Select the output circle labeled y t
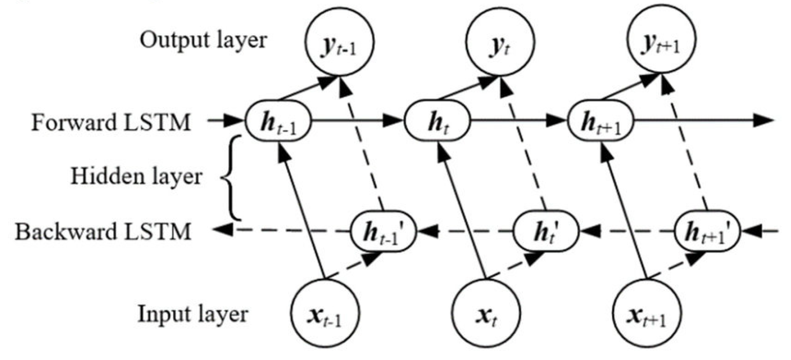click(500, 42)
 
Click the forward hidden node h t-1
click(279, 121)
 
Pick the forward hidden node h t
click(437, 121)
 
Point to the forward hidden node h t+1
click(601, 121)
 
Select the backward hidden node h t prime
click(546, 231)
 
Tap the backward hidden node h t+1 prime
click(707, 231)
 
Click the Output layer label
click(203, 41)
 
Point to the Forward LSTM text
click(111, 123)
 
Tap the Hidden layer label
click(136, 176)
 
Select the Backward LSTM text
click(103, 231)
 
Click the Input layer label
click(193, 314)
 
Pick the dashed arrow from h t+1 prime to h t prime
click(627, 230)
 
